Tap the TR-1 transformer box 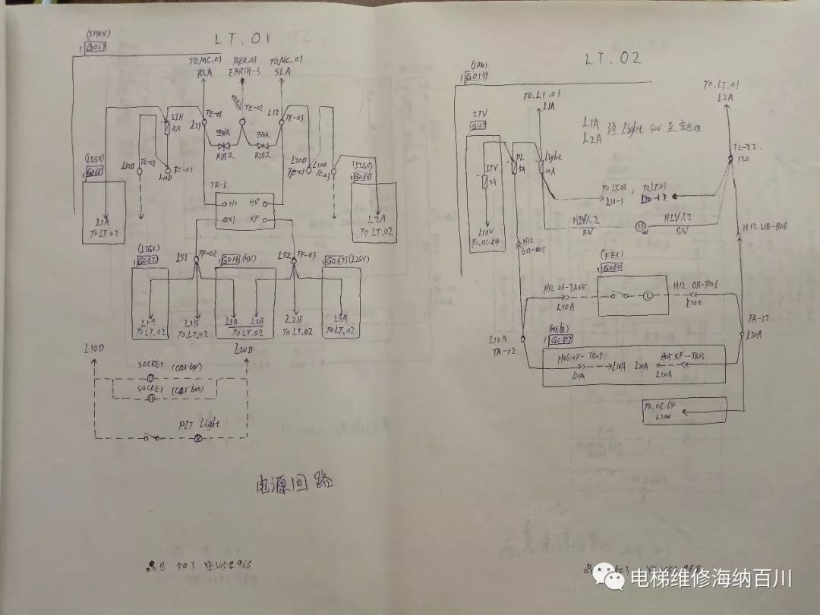[x=239, y=210]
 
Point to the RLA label [x=204, y=71]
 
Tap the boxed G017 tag [x=96, y=46]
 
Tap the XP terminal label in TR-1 [x=257, y=221]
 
